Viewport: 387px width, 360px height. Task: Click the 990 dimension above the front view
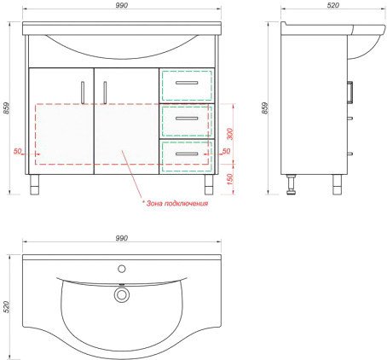(x=122, y=5)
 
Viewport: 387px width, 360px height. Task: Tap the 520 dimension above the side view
(x=333, y=5)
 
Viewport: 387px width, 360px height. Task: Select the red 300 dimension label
(x=230, y=134)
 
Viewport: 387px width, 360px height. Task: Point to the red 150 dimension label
(x=230, y=179)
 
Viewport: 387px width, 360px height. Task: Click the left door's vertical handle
(x=83, y=93)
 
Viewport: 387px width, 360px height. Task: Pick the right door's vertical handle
(x=105, y=93)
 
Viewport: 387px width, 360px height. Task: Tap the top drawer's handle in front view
(x=187, y=83)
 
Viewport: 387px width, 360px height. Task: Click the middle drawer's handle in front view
(x=187, y=119)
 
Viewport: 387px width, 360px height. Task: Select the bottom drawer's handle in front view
(x=187, y=154)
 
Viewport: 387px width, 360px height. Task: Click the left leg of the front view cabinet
(x=34, y=184)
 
